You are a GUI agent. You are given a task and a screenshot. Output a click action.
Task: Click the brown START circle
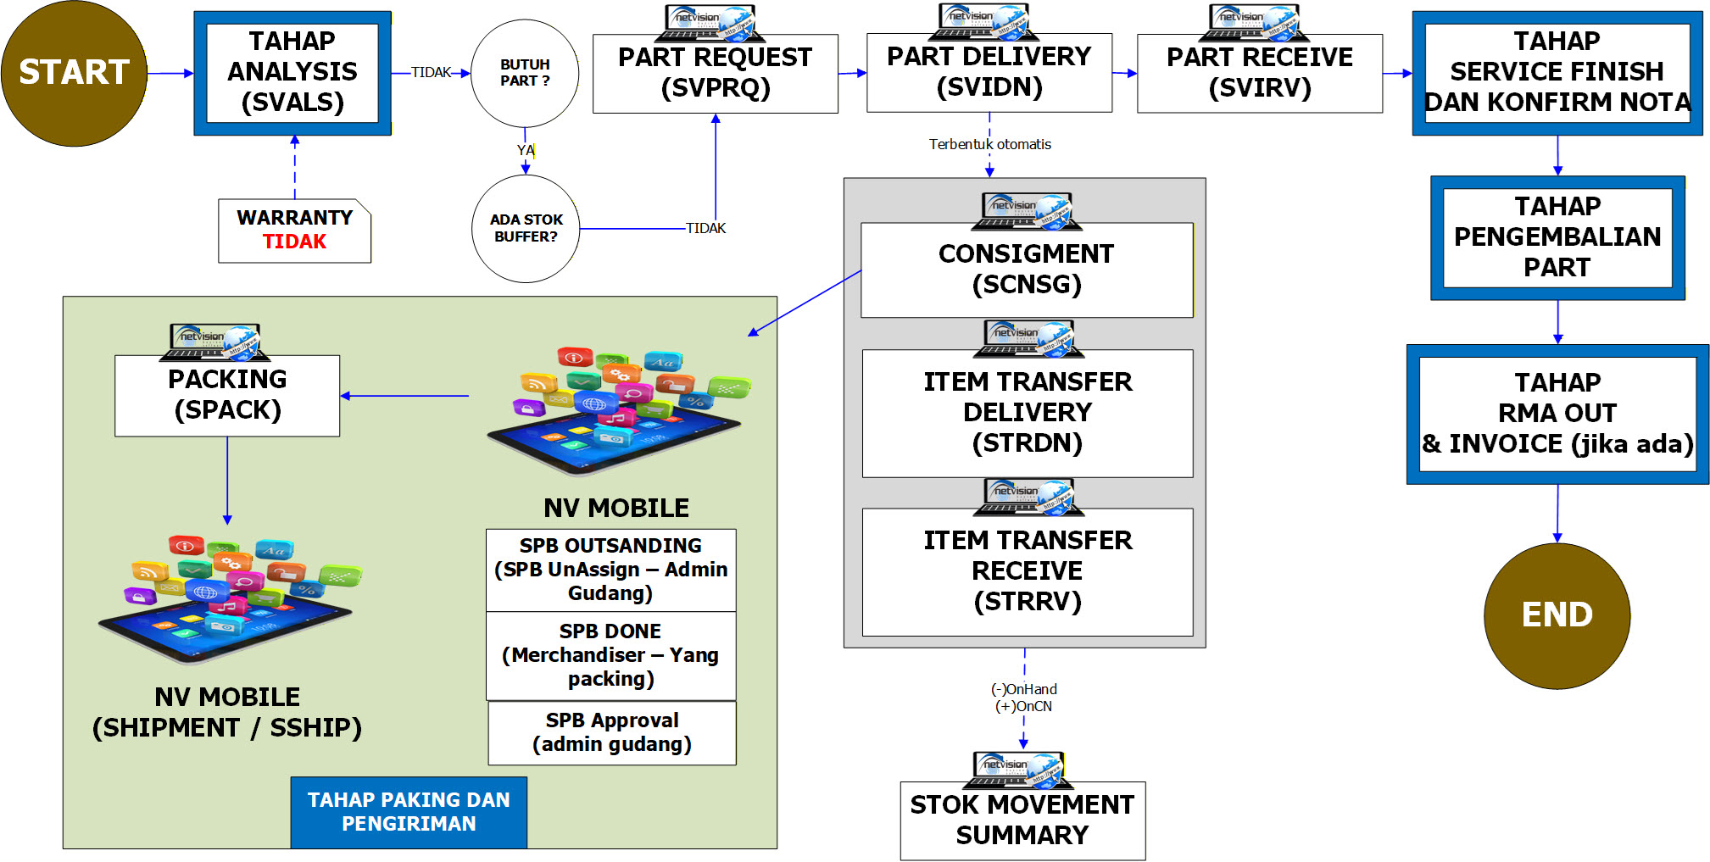[x=74, y=73]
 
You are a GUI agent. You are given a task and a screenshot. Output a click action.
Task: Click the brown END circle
[x=1557, y=615]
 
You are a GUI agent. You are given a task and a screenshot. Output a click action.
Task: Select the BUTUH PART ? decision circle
[x=525, y=73]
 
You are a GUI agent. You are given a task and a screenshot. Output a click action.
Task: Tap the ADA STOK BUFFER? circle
[x=526, y=229]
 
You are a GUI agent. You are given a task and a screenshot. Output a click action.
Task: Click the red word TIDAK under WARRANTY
[x=294, y=242]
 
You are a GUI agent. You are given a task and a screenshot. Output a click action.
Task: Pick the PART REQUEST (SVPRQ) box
[x=715, y=74]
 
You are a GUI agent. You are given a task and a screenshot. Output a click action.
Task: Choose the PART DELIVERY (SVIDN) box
[x=989, y=73]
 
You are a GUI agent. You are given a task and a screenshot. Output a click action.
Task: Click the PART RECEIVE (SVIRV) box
[x=1259, y=74]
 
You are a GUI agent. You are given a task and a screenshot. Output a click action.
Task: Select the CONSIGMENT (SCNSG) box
[x=1026, y=270]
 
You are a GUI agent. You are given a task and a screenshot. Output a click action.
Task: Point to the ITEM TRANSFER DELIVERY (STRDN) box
[x=1027, y=413]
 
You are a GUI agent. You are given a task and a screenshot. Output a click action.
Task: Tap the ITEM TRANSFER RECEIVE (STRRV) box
[x=1027, y=571]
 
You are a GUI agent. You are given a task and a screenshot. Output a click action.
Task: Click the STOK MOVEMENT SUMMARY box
[x=1022, y=820]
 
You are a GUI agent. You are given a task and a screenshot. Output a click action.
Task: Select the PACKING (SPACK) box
[x=227, y=395]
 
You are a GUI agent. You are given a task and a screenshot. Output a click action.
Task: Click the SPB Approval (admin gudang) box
[x=611, y=733]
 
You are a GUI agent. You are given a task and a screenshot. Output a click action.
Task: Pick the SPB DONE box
[x=610, y=655]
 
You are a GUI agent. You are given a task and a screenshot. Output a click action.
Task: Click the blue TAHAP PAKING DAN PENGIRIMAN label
[x=409, y=812]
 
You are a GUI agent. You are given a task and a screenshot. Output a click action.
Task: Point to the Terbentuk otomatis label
[x=989, y=145]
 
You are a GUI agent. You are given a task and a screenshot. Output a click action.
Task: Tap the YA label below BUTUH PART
[x=526, y=151]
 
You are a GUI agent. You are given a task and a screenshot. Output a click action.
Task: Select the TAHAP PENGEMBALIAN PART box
[x=1557, y=237]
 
